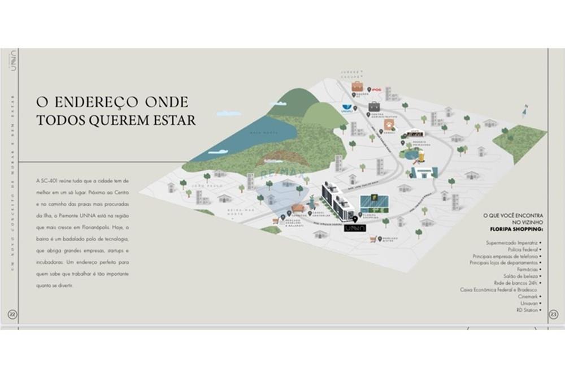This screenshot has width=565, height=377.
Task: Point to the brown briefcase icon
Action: [x=358, y=86]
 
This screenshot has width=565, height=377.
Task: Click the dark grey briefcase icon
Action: [x=374, y=106]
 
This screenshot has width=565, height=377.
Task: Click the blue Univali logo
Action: [x=347, y=107]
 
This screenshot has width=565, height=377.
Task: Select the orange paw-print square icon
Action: [x=389, y=124]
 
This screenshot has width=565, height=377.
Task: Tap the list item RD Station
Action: [x=526, y=310]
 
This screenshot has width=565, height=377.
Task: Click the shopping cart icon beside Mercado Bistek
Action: [x=372, y=240]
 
